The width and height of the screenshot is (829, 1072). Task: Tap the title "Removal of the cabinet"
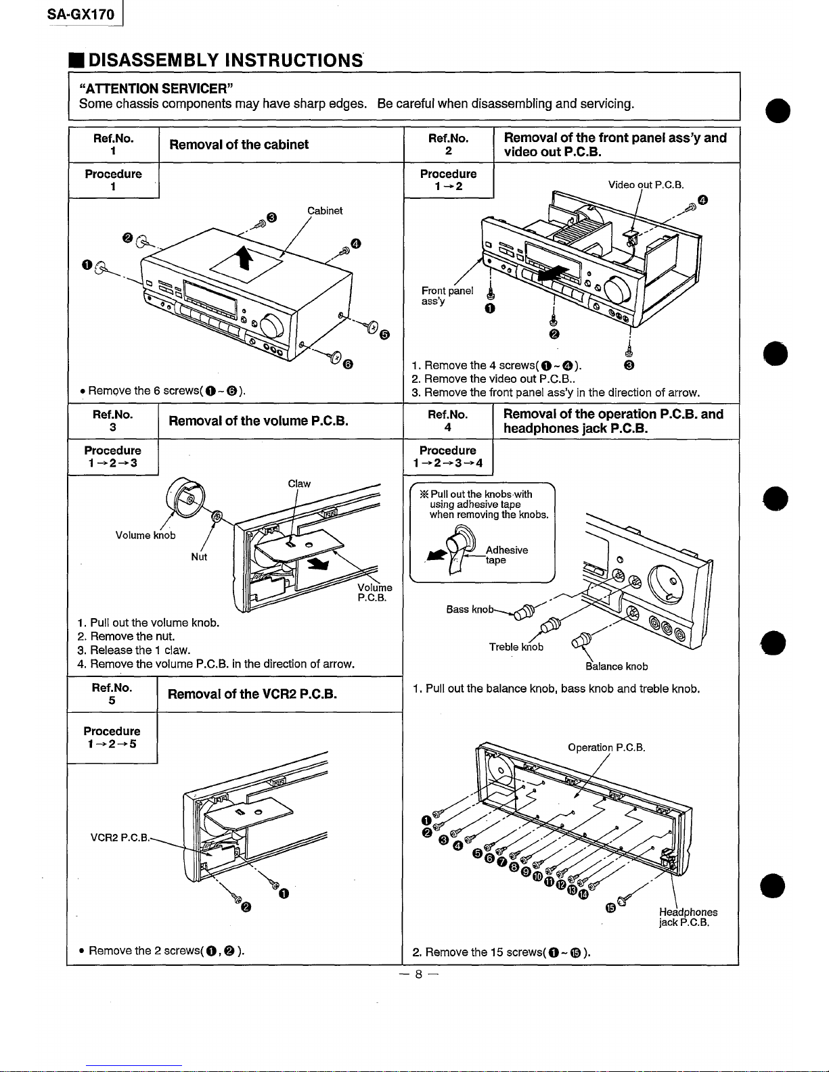coord(238,145)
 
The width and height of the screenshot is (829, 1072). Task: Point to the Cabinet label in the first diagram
coord(325,210)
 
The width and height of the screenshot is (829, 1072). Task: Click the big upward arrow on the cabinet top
coord(244,260)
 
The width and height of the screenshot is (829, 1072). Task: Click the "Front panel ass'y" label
coord(447,296)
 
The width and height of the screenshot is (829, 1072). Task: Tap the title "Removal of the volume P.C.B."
coord(258,421)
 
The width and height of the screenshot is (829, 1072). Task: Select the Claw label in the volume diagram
coord(299,484)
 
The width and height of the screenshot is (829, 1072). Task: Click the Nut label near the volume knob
coord(199,557)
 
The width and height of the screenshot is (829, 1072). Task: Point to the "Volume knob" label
coord(145,536)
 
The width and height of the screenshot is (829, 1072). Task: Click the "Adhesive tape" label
coord(506,555)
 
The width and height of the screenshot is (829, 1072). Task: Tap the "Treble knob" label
coord(516,647)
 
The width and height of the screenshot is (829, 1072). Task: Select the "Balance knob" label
coord(617,666)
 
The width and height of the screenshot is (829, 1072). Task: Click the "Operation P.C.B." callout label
coord(606,747)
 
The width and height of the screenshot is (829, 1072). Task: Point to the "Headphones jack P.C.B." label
coord(688,917)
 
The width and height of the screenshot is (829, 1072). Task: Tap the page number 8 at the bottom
coord(418,975)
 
